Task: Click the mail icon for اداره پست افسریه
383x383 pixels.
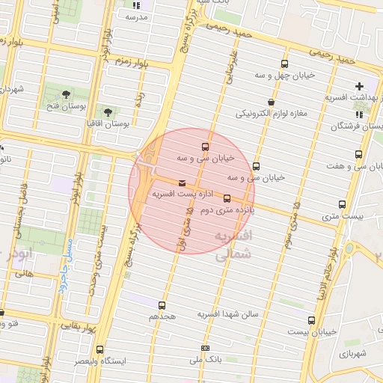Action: pyautogui.click(x=182, y=183)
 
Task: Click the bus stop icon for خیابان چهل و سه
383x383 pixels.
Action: pyautogui.click(x=284, y=64)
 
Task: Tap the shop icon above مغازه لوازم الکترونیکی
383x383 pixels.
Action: pyautogui.click(x=270, y=102)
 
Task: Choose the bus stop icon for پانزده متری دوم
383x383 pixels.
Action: pyautogui.click(x=227, y=198)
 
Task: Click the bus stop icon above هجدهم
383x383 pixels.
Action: pyautogui.click(x=162, y=304)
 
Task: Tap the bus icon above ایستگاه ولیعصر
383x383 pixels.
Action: pyautogui.click(x=101, y=349)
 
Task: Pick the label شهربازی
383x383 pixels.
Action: pyautogui.click(x=349, y=352)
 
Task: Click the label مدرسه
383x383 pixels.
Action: pyautogui.click(x=138, y=16)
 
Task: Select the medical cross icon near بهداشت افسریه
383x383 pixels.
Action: pyautogui.click(x=361, y=86)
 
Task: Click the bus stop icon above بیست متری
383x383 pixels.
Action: pyautogui.click(x=343, y=203)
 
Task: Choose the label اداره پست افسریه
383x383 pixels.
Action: pyautogui.click(x=174, y=194)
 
